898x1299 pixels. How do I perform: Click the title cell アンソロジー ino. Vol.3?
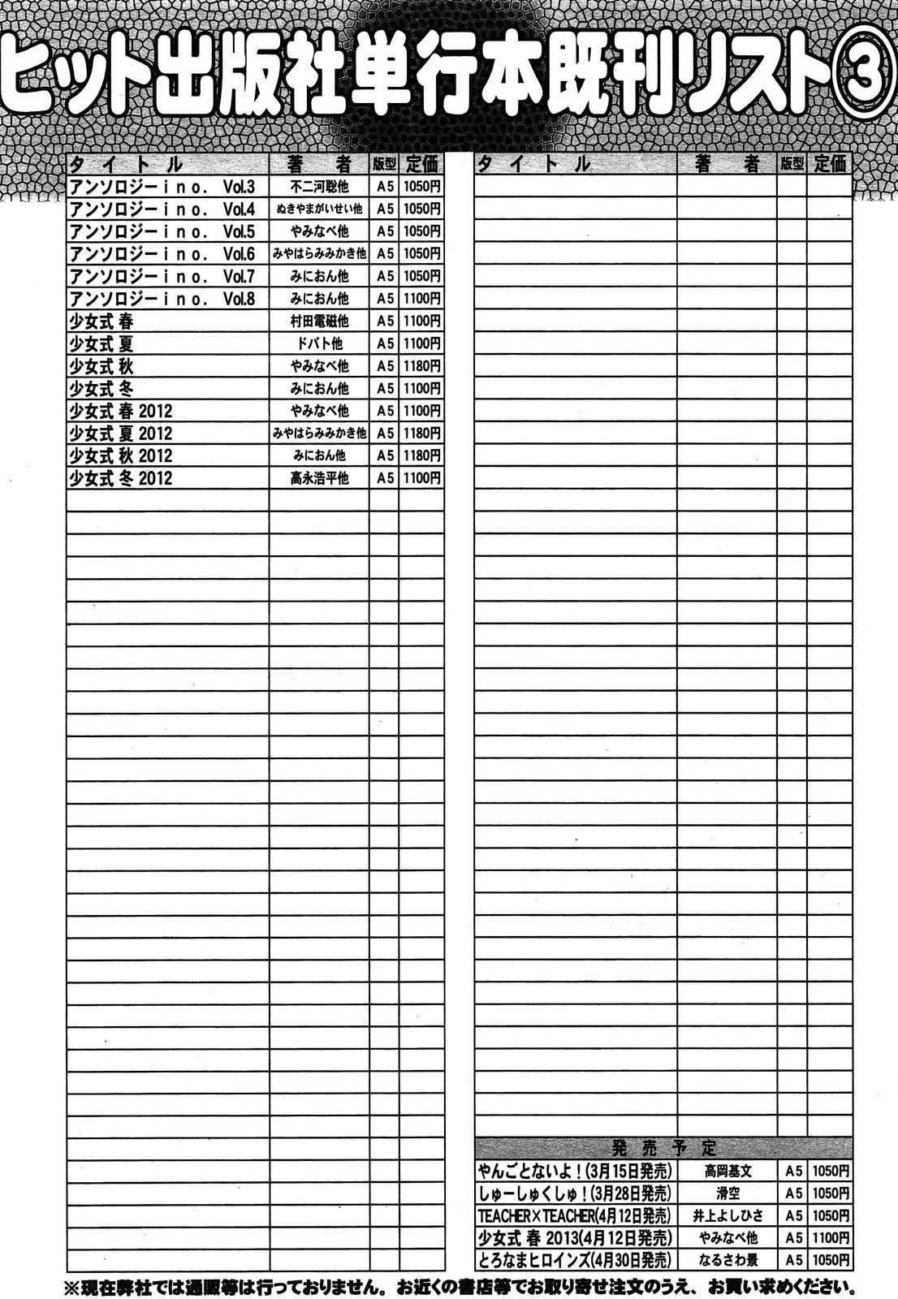[162, 186]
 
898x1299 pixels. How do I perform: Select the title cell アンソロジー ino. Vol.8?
[162, 299]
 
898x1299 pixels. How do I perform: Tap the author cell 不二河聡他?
[319, 187]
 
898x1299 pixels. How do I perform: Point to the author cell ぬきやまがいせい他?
[319, 209]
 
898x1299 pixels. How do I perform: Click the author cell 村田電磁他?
[319, 322]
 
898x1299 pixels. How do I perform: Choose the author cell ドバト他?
[319, 344]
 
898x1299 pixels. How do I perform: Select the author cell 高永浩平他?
[319, 479]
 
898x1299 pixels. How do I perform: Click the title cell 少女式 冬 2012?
[122, 478]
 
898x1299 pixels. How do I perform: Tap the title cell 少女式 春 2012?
[122, 411]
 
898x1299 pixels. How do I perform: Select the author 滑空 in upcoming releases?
[727, 1193]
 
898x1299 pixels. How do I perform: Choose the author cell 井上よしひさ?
[727, 1215]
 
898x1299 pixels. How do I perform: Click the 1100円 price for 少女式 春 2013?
[831, 1238]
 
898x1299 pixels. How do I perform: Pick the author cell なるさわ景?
[727, 1260]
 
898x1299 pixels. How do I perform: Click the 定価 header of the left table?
[422, 163]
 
